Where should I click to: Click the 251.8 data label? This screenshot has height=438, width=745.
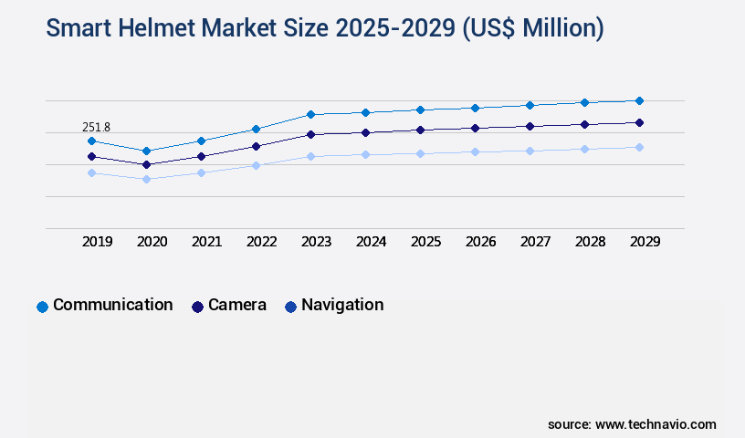(96, 127)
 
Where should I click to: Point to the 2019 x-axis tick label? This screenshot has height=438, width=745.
(98, 242)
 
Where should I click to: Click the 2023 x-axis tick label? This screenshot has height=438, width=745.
(317, 242)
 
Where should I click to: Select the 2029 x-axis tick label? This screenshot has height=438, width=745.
(645, 242)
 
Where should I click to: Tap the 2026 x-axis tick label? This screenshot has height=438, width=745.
(481, 242)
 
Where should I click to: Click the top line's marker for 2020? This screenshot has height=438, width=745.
(146, 151)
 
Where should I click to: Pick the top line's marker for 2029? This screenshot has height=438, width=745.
(639, 100)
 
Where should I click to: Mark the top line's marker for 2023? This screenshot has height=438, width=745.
(310, 114)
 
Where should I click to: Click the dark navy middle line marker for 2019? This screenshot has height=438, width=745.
(91, 157)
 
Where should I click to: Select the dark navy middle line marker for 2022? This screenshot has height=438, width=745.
(256, 146)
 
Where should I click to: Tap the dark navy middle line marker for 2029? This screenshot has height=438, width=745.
(639, 122)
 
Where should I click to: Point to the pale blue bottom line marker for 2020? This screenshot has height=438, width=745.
(146, 179)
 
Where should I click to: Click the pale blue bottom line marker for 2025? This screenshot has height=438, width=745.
(420, 153)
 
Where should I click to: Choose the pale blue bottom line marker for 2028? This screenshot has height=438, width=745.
(584, 149)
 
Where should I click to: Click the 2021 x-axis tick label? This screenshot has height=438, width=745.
(207, 242)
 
